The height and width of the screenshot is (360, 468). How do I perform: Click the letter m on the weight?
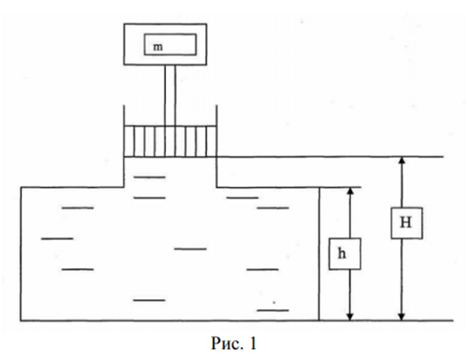point(158,48)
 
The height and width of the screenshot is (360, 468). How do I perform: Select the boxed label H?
point(407,223)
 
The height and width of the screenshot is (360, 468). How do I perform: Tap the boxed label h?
point(345,254)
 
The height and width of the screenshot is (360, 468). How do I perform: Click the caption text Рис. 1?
point(234,343)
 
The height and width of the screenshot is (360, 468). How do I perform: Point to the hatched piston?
point(170,141)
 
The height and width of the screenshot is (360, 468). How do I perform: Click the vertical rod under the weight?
point(170,95)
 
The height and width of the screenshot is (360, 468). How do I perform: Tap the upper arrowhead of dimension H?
point(401,160)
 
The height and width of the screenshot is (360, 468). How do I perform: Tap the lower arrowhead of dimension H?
point(401,317)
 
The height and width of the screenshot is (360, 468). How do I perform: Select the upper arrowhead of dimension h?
point(350,191)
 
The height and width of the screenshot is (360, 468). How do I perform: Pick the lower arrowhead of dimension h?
point(350,317)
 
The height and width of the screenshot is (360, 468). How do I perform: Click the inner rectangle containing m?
point(170,44)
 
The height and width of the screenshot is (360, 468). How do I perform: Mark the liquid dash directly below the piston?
point(150,177)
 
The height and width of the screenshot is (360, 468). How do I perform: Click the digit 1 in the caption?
point(253,343)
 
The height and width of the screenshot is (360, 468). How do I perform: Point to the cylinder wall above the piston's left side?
point(124,115)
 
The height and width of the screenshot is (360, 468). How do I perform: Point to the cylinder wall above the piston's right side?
point(216,115)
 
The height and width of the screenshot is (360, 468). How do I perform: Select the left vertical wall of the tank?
point(21,254)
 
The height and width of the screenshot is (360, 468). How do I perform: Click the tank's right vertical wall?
point(319,254)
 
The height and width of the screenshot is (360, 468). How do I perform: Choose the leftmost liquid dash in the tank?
point(57,239)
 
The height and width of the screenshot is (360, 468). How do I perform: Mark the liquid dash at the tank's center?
point(190,249)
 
